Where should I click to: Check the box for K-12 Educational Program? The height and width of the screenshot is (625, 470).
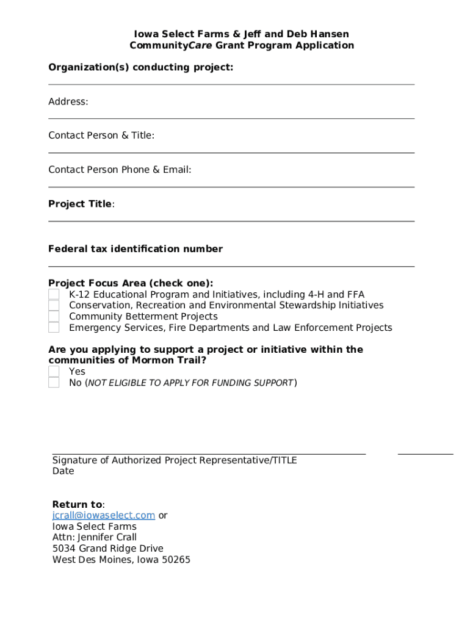click(54, 295)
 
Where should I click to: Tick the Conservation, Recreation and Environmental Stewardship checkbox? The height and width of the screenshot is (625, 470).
click(54, 306)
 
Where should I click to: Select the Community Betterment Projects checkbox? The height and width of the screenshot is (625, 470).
click(54, 317)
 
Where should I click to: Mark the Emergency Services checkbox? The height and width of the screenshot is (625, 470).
click(54, 328)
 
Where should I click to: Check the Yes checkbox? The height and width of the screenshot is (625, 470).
click(54, 372)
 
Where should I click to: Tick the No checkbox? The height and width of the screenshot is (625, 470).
click(54, 383)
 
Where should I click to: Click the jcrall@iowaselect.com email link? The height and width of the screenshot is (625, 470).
click(103, 516)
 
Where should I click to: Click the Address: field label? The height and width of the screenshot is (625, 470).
click(68, 102)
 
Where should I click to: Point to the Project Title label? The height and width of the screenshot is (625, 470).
click(80, 204)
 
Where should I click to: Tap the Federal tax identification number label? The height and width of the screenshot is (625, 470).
click(136, 249)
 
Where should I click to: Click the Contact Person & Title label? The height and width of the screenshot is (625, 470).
click(101, 135)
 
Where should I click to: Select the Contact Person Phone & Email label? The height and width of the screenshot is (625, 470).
click(120, 170)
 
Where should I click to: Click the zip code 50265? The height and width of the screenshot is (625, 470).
click(176, 560)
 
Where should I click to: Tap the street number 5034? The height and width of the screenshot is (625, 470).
click(65, 549)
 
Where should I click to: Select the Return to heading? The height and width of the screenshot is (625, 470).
click(78, 505)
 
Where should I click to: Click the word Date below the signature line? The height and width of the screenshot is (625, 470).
click(63, 471)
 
